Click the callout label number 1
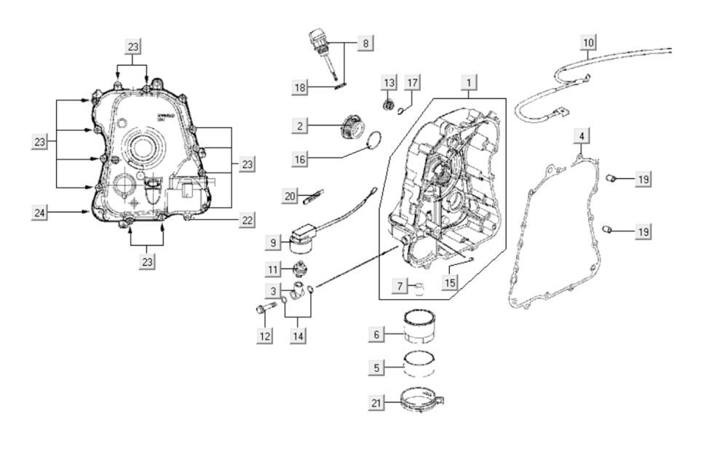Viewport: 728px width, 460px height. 470,82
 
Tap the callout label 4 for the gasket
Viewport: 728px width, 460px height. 581,136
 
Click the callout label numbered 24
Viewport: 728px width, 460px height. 40,212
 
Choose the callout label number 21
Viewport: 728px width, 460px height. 376,402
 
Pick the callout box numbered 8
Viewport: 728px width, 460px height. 365,43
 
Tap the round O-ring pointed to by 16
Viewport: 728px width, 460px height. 373,138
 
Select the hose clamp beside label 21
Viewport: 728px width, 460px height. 422,400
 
